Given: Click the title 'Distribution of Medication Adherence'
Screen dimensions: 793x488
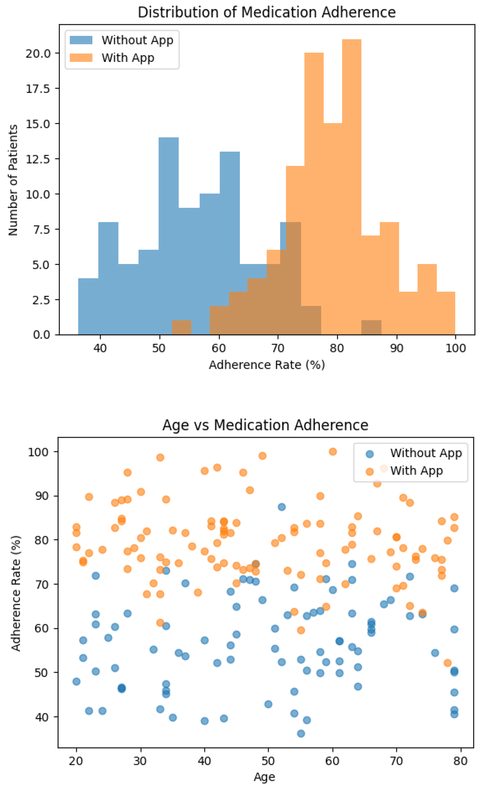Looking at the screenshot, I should coord(267,12).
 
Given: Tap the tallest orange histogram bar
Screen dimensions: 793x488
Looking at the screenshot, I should coord(352,187).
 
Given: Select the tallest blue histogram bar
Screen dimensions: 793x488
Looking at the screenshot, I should coord(168,236).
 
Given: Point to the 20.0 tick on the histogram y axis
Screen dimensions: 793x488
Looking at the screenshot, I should coord(38,53).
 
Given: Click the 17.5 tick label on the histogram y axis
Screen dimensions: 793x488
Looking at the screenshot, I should coord(38,88).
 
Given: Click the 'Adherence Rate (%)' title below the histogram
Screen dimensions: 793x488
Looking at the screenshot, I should coord(267,365).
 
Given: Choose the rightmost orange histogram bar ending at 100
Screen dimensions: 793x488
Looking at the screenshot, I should coord(446,313).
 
